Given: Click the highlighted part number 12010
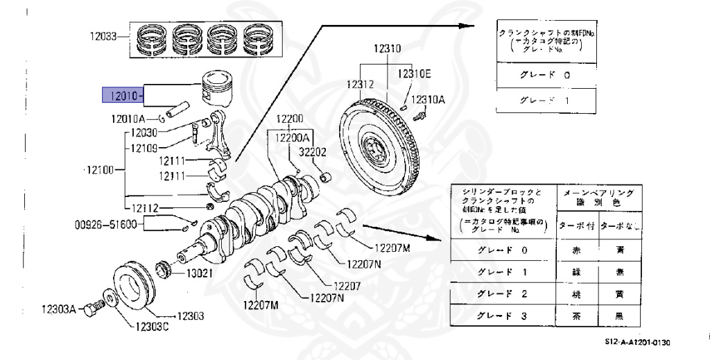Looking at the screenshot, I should point(121,95).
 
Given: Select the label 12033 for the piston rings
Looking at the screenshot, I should point(104,36).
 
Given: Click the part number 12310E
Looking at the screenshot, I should point(414,74).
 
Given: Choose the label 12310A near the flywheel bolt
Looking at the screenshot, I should point(428,99).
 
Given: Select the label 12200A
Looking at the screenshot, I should point(293,138).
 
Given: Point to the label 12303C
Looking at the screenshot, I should point(150,327).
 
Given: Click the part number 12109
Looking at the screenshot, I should point(143,148).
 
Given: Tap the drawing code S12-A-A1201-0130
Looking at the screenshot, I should point(637,342).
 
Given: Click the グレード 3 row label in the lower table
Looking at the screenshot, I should point(502,316).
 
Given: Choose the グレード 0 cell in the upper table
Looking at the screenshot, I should point(544,75).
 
